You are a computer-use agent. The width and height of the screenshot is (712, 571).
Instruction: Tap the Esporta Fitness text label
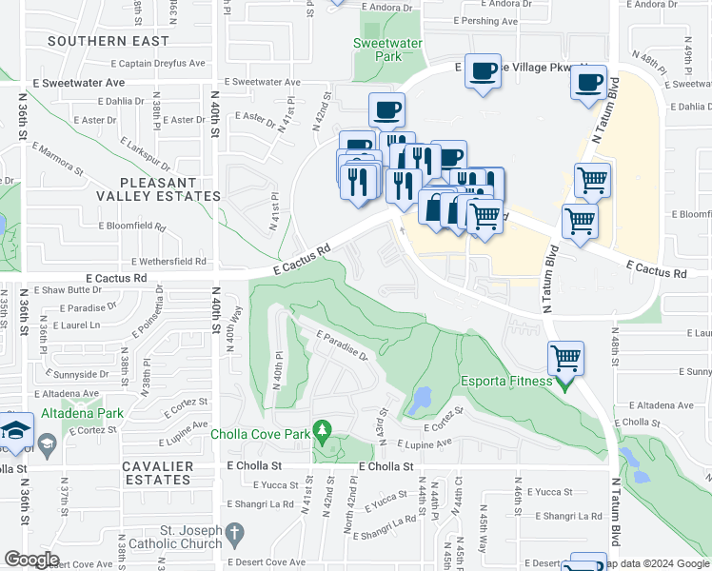coord(507,382)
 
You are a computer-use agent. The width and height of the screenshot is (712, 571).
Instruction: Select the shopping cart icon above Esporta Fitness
coord(565,358)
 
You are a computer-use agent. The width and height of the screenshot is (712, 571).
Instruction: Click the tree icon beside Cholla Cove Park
coord(324,434)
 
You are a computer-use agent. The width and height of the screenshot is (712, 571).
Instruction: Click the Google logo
coord(31,559)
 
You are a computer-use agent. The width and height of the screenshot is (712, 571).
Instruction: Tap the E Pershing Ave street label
coord(485,20)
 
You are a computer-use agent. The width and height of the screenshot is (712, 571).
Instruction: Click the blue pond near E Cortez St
coord(419,401)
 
